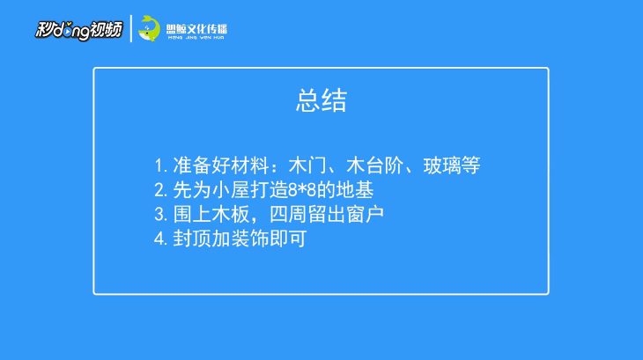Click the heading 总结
pyautogui.click(x=321, y=100)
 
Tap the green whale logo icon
pyautogui.click(x=149, y=29)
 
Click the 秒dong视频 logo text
pyautogui.click(x=78, y=30)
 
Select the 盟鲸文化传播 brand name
pyautogui.click(x=196, y=29)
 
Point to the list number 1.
pyautogui.click(x=160, y=166)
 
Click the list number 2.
pyautogui.click(x=160, y=190)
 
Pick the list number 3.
pyautogui.click(x=160, y=215)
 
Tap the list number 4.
pyautogui.click(x=160, y=239)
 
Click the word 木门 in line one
pyautogui.click(x=307, y=165)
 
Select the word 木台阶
pyautogui.click(x=375, y=165)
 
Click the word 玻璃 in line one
pyautogui.click(x=442, y=165)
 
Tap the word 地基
pyautogui.click(x=355, y=190)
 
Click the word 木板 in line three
pyautogui.click(x=231, y=214)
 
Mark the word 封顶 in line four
pyautogui.click(x=192, y=239)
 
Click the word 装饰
pyautogui.click(x=250, y=239)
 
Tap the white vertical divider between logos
pyautogui.click(x=131, y=29)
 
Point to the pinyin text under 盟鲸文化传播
pyautogui.click(x=196, y=38)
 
